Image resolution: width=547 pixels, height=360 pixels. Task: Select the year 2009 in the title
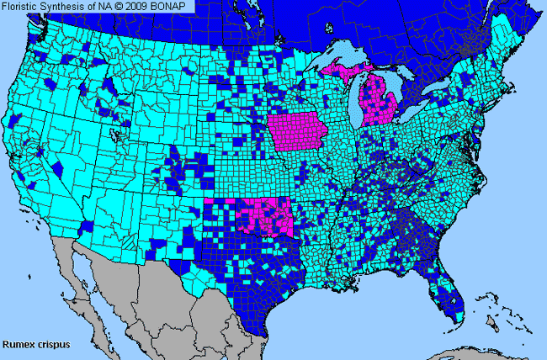143,7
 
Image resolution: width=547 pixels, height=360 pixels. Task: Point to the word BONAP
176,7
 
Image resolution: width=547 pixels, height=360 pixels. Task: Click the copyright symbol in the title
123,7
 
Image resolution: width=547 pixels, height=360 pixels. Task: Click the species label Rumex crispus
35,344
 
